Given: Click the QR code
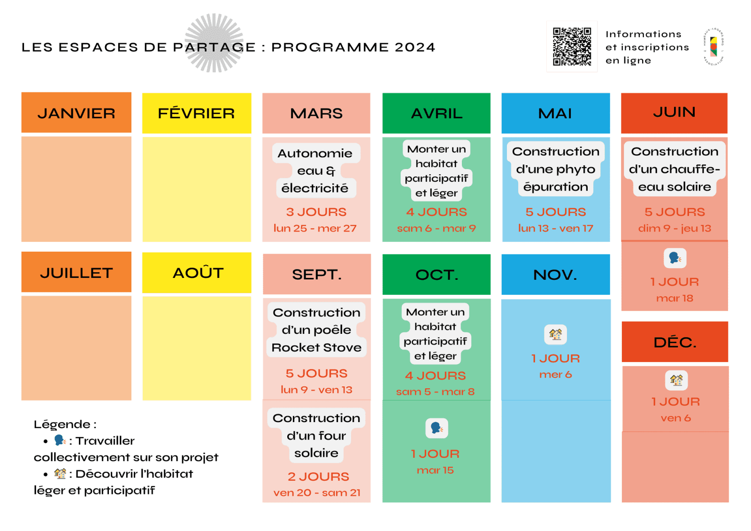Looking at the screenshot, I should [x=572, y=46].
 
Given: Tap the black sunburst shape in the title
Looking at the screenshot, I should [x=214, y=43].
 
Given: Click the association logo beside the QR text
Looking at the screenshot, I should [x=713, y=46].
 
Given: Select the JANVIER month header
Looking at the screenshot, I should [x=76, y=113].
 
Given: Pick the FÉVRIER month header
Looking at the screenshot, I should [x=197, y=113].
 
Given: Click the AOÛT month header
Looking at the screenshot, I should [x=198, y=273].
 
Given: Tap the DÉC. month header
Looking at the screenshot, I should [x=675, y=342].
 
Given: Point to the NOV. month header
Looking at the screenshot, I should [x=555, y=275].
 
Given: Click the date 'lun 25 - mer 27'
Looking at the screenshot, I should [x=315, y=229].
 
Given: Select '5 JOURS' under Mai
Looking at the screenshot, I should [x=556, y=212].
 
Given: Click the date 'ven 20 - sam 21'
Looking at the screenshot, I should [x=317, y=493].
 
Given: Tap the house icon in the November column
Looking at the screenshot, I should [x=555, y=335].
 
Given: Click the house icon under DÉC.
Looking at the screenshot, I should [x=676, y=380].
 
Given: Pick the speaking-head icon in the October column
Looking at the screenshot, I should [x=437, y=428].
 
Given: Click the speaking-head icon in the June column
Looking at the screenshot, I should [x=675, y=258].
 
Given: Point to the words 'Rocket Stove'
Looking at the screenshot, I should [x=317, y=348].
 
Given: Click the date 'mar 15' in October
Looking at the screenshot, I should [x=435, y=470].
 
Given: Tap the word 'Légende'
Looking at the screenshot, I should [x=62, y=424].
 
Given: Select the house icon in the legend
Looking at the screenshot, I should [x=60, y=474].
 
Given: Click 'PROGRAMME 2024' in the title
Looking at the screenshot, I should [x=353, y=47].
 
